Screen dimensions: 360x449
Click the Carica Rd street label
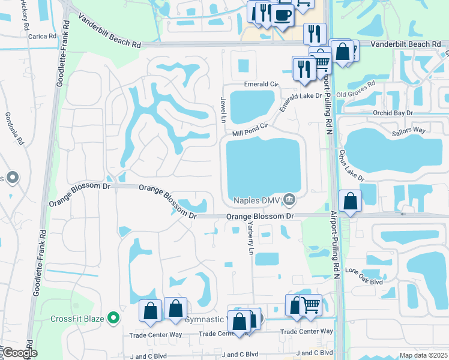click(41, 36)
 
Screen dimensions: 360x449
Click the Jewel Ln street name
click(223, 107)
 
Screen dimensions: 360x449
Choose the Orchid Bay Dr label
click(394, 112)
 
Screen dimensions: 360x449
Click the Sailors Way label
click(408, 130)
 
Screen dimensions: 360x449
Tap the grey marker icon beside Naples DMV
click(289, 199)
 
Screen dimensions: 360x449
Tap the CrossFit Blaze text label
click(78, 319)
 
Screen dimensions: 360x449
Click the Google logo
click(20, 353)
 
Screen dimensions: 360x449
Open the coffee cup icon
click(282, 14)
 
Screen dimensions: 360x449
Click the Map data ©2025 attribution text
click(423, 355)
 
